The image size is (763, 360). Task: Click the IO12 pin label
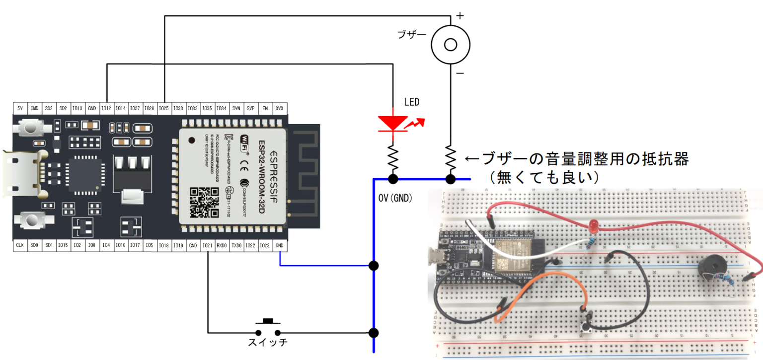pos(106,108)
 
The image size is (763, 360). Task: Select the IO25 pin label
pos(164,108)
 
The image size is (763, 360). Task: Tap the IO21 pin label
pos(208,245)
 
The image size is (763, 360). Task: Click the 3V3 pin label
pos(280,108)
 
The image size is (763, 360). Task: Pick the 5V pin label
pos(20,108)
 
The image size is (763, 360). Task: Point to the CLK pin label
pos(20,245)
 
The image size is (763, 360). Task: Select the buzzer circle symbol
pos(450,45)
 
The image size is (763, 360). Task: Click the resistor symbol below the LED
pos(393,156)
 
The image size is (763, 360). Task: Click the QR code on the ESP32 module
pos(204,202)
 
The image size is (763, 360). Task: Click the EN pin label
pos(265,108)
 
